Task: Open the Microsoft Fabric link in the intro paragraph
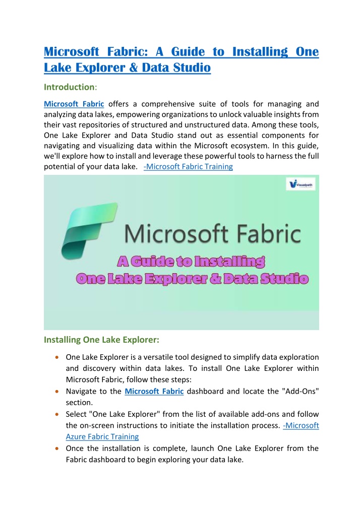pyautogui.click(x=74, y=104)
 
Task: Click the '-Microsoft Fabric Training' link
pyautogui.click(x=188, y=166)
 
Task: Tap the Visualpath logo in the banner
pyautogui.click(x=300, y=184)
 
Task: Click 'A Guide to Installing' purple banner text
pyautogui.click(x=192, y=262)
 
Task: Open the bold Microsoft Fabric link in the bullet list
pyautogui.click(x=154, y=392)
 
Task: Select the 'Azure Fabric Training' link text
pyautogui.click(x=102, y=436)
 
